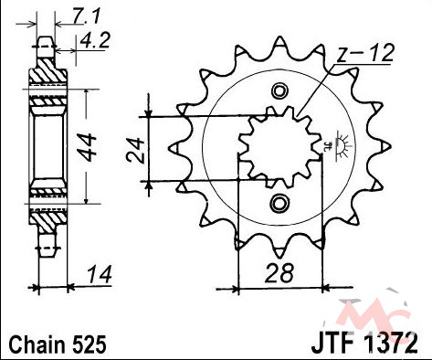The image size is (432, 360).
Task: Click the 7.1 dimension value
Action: pyautogui.click(x=86, y=16)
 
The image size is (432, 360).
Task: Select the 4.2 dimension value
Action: pyautogui.click(x=95, y=40)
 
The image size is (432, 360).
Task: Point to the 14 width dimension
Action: pyautogui.click(x=100, y=274)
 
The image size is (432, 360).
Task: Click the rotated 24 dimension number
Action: pyautogui.click(x=135, y=151)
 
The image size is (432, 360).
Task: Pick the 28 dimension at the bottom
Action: pyautogui.click(x=279, y=273)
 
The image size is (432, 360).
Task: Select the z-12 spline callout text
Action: pyautogui.click(x=365, y=53)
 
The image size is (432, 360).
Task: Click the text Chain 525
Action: pyautogui.click(x=58, y=344)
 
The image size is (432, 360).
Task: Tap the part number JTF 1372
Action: pyautogui.click(x=364, y=344)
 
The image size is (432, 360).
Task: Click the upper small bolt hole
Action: pyautogui.click(x=279, y=91)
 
